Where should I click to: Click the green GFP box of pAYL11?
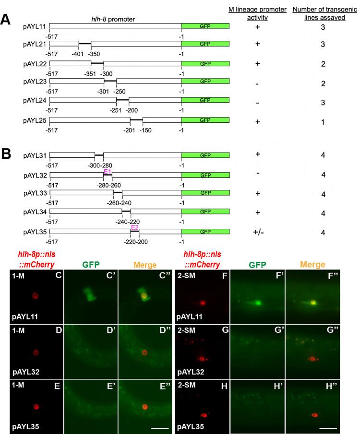tap(205, 25)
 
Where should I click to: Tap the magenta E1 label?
tap(108, 170)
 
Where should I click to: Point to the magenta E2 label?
tap(135, 227)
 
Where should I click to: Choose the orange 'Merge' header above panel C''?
tap(145, 264)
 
